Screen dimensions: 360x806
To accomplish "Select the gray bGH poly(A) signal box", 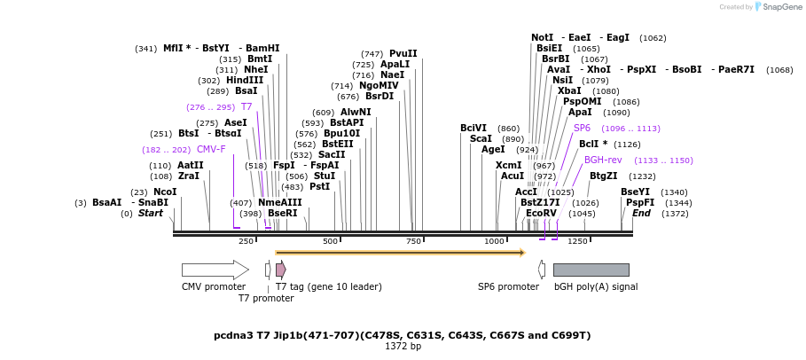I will click(x=591, y=270).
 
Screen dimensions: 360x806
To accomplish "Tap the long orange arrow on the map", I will click(x=400, y=253).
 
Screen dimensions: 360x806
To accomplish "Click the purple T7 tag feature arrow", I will click(x=280, y=270).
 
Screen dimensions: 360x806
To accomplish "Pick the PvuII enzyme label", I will click(x=403, y=53).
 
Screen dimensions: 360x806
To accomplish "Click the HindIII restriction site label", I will click(x=244, y=80).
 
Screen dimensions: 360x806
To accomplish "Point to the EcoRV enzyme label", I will click(x=541, y=213).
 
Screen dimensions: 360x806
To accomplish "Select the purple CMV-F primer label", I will click(x=211, y=149).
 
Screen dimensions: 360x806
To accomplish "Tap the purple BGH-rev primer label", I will click(x=603, y=160).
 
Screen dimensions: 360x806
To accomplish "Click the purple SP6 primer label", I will click(x=582, y=128).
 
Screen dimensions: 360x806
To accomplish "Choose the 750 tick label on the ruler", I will click(x=414, y=241).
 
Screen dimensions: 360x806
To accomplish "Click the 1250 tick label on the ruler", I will click(x=577, y=241).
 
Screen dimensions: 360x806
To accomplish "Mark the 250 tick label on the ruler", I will click(x=246, y=241).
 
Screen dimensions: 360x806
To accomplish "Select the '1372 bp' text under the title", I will click(x=403, y=346).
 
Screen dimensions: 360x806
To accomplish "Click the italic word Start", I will click(x=151, y=213).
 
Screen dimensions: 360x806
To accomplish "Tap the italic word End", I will click(x=641, y=213).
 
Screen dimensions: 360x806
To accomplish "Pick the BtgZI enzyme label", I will click(x=604, y=176).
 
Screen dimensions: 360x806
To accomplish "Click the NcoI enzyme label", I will click(x=165, y=192).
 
